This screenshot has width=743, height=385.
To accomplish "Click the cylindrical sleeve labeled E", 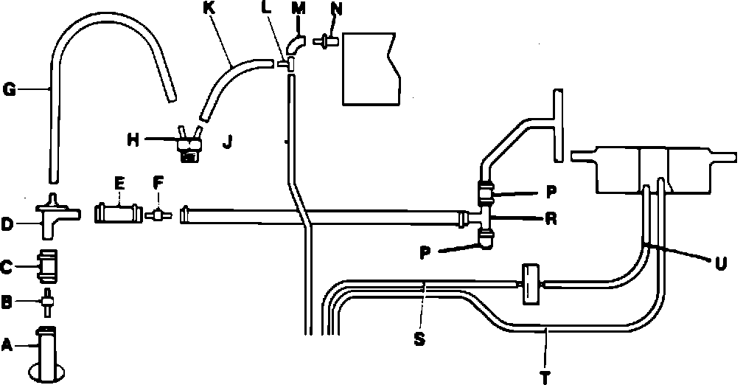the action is click(x=116, y=215).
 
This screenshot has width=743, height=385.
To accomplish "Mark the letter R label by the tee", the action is click(x=550, y=218).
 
